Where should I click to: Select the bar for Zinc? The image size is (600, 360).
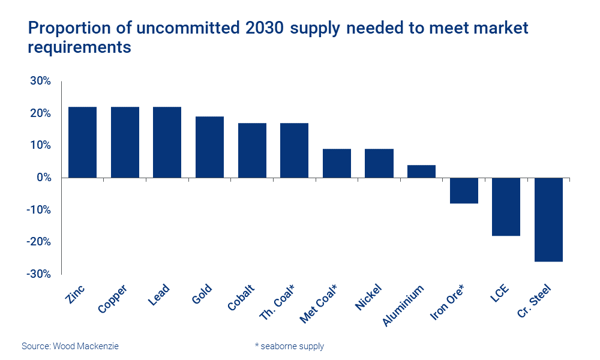(x=82, y=142)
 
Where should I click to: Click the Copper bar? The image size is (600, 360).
(x=125, y=142)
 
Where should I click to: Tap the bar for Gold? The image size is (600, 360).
(x=209, y=147)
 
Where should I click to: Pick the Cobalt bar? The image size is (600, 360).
(x=252, y=150)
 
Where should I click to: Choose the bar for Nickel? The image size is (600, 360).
(x=379, y=163)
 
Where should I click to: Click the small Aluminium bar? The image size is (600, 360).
(x=421, y=171)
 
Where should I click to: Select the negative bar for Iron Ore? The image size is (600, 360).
(x=464, y=191)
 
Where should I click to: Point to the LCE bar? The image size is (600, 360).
(x=506, y=206)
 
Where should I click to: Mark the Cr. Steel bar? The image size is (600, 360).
(x=548, y=220)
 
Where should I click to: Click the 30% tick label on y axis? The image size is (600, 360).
(x=40, y=82)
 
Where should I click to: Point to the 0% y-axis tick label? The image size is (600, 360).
(x=43, y=178)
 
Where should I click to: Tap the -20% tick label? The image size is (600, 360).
(x=38, y=242)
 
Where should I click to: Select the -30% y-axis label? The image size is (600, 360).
(x=38, y=274)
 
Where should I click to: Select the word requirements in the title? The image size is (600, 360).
(x=79, y=47)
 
